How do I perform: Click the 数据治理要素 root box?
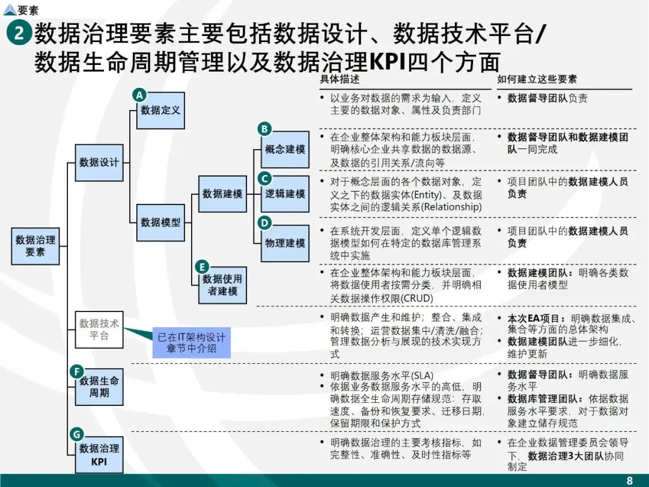click(35, 246)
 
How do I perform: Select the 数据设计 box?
click(99, 162)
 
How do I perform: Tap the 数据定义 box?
click(160, 111)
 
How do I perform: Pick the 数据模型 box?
click(160, 222)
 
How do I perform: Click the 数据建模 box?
click(222, 194)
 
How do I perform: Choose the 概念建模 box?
click(285, 149)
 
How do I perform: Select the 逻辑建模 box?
click(285, 194)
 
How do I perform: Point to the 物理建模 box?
click(285, 243)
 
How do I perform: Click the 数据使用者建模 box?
click(222, 285)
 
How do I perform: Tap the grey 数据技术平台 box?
click(99, 329)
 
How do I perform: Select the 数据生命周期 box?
click(99, 387)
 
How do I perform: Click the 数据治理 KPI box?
click(99, 455)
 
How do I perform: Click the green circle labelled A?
click(139, 95)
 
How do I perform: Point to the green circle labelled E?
click(202, 267)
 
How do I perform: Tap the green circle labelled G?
click(76, 434)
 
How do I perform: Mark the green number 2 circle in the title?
click(19, 33)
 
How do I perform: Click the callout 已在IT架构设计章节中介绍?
click(191, 343)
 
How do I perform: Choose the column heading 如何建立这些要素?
click(537, 79)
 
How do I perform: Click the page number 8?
click(630, 480)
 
